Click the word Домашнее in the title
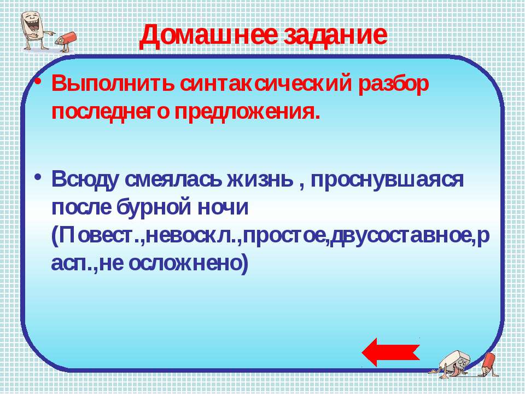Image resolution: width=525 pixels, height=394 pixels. (x=208, y=36)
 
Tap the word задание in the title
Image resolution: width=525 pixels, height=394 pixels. (x=335, y=36)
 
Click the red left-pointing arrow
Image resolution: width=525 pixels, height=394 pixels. (x=390, y=352)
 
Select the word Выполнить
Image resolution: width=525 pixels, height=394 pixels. (x=113, y=84)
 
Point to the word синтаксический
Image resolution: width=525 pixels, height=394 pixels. (x=266, y=84)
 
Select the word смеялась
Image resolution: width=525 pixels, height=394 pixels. (x=173, y=179)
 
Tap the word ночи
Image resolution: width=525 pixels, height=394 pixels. (x=223, y=208)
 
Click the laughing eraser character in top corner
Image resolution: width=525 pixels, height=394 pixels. (x=36, y=30)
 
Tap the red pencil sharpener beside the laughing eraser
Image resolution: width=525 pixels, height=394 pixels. (x=66, y=42)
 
